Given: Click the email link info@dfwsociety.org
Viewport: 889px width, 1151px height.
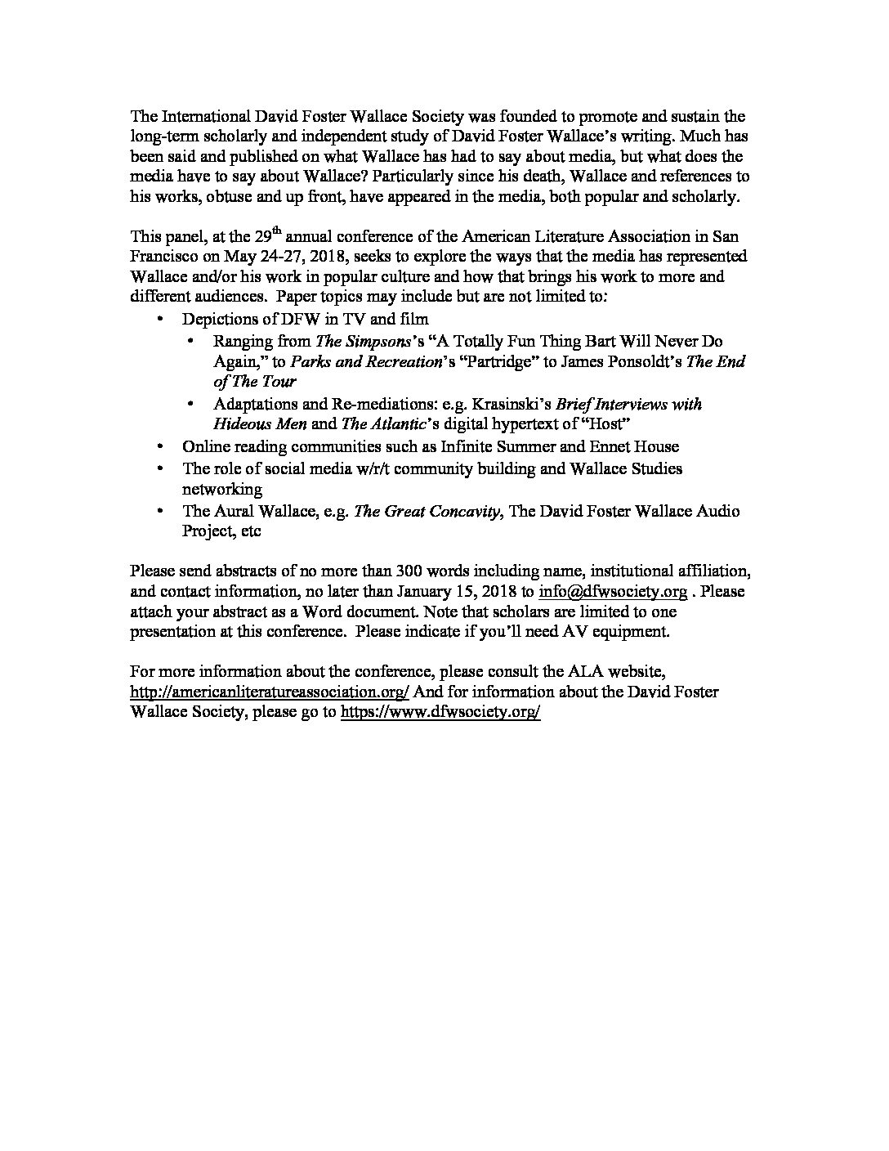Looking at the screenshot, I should coord(613,591).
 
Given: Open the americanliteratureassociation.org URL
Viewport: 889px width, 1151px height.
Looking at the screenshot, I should coord(270,692).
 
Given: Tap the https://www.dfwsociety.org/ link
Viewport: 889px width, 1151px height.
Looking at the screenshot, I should coord(440,712).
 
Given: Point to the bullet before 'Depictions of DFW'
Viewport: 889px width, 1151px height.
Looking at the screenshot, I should coord(161,320).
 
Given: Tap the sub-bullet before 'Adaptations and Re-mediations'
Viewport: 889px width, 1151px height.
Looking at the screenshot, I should coord(192,405).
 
